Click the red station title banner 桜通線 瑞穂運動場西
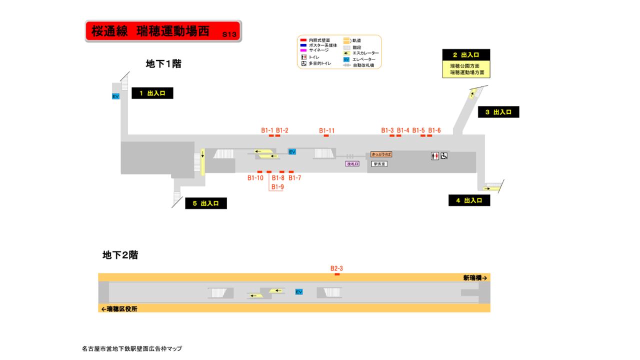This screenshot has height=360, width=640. pos(163,31)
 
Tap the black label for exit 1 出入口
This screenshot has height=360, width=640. pos(152,93)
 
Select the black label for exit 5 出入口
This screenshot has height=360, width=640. pos(205,203)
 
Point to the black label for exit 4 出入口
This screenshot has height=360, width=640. pos(469,200)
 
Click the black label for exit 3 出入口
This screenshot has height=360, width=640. pos(498,112)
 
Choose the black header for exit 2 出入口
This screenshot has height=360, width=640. pos(466,55)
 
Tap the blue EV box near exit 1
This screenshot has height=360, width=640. pos(115,96)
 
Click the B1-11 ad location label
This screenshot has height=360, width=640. pos(327,130)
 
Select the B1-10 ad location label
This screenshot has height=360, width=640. pos(255,178)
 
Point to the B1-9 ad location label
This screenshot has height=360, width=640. pos(277,187)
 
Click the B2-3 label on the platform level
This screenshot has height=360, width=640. pos(336,268)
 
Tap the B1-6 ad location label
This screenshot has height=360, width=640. pos(434,130)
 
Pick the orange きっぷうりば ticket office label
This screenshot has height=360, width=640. pos(381,155)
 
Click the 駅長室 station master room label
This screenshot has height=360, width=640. pos(379,163)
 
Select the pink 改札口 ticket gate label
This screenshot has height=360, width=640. pos(352,163)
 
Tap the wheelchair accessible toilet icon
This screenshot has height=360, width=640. pos(444,156)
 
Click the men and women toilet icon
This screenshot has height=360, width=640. pos(434,156)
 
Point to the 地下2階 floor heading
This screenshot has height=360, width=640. pos(120,255)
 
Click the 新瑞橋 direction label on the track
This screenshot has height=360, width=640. pos(474,277)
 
